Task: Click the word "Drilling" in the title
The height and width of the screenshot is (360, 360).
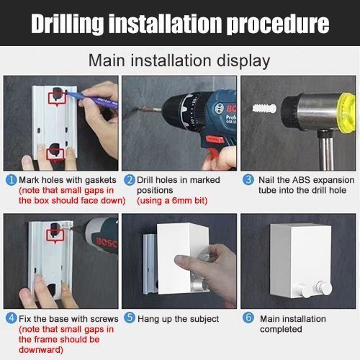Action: tap(67, 24)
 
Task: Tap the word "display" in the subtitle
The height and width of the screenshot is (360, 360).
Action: tap(243, 61)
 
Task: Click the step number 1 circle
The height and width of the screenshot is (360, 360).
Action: tap(11, 180)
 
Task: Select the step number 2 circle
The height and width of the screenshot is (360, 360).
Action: tap(130, 180)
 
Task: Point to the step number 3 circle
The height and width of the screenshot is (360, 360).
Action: tap(248, 180)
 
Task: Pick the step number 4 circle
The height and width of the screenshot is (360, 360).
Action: tap(11, 318)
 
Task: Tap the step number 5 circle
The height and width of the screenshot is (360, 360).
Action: tap(130, 318)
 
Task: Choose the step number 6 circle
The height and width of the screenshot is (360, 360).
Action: tap(248, 318)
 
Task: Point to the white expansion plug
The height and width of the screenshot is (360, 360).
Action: tap(264, 109)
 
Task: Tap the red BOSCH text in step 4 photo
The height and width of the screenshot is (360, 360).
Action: tap(107, 242)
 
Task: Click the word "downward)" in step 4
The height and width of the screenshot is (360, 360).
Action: tap(41, 350)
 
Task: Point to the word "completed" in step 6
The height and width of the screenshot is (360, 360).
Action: tap(281, 329)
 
